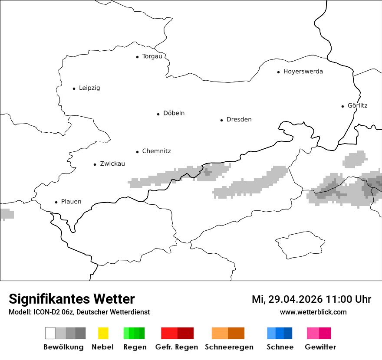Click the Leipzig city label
[89, 88]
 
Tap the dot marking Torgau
[137, 57]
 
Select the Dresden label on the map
[239, 120]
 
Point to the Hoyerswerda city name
[303, 72]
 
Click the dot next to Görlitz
[343, 106]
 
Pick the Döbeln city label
[174, 113]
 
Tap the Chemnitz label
[156, 151]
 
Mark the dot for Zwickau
[95, 164]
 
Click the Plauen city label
[71, 202]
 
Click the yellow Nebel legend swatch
[103, 333]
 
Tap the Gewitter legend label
[320, 347]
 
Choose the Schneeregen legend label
[229, 347]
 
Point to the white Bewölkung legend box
[50, 333]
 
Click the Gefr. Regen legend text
[177, 347]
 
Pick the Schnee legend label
[280, 347]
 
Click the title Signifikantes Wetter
[72, 299]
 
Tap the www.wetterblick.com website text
[313, 312]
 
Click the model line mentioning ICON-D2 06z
[79, 312]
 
